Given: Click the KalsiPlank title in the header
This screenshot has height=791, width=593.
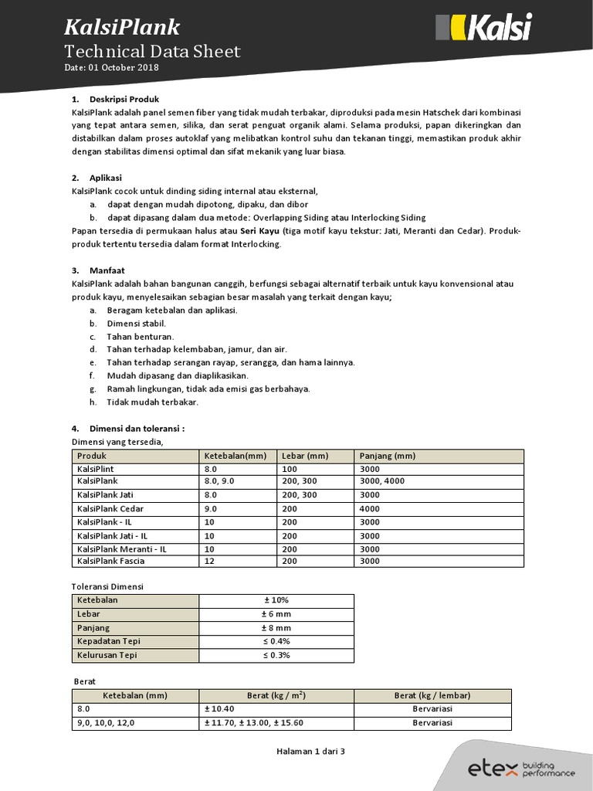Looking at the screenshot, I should (x=121, y=28).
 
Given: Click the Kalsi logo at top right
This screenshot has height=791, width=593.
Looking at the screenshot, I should (x=484, y=28).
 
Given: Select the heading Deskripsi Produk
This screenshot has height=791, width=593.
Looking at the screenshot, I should (x=124, y=100).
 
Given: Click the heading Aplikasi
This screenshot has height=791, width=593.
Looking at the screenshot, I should (x=106, y=178).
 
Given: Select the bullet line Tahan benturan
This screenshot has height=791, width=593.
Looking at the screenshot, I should (x=140, y=336).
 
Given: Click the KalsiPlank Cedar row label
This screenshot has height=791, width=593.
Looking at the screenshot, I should (x=110, y=508).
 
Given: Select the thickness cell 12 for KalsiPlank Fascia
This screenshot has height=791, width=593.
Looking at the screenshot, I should (x=210, y=561).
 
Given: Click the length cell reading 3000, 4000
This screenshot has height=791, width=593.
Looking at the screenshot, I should (x=382, y=481).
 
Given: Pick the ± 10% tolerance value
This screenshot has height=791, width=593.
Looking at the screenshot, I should (x=276, y=600).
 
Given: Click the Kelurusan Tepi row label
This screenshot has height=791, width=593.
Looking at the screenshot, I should (x=107, y=655).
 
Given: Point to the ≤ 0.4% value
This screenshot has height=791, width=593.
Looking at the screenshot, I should (x=276, y=641).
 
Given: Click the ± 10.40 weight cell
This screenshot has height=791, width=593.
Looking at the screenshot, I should (x=220, y=709).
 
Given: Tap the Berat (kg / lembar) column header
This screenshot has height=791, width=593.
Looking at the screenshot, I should (x=432, y=695).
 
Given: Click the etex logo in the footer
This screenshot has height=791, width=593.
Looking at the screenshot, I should (x=522, y=768).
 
